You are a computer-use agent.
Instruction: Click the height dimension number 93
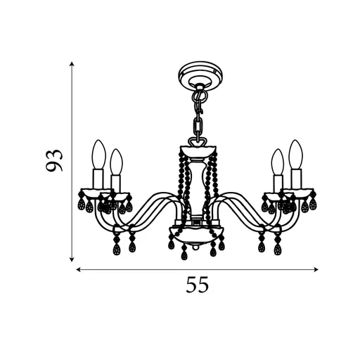54,160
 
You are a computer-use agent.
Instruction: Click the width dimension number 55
197,285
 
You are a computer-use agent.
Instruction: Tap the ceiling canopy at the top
200,75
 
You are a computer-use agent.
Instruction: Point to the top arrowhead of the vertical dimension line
72,64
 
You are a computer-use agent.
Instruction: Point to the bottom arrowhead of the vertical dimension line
72,259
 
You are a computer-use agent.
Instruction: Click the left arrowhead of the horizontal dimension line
79,270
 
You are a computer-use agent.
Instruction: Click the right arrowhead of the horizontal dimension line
316,270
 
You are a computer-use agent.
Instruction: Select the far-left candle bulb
98,155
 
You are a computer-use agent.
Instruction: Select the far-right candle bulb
296,155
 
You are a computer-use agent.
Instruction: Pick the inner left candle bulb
117,162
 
